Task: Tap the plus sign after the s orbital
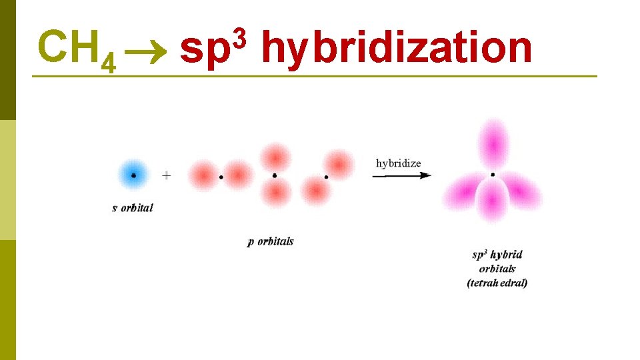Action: pyautogui.click(x=167, y=175)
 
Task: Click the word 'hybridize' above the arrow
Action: pyautogui.click(x=399, y=163)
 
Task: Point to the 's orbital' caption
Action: pyautogui.click(x=133, y=207)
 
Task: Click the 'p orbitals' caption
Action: pyautogui.click(x=270, y=241)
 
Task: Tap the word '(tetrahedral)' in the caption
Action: pyautogui.click(x=497, y=283)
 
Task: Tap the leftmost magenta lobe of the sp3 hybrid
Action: pyautogui.click(x=463, y=191)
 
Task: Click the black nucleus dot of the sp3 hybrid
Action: pyautogui.click(x=492, y=175)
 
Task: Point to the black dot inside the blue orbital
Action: pyautogui.click(x=133, y=175)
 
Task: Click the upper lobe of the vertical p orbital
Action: pyautogui.click(x=275, y=158)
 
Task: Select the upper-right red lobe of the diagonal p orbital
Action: pyautogui.click(x=338, y=163)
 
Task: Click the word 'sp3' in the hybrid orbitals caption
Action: pyautogui.click(x=481, y=255)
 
